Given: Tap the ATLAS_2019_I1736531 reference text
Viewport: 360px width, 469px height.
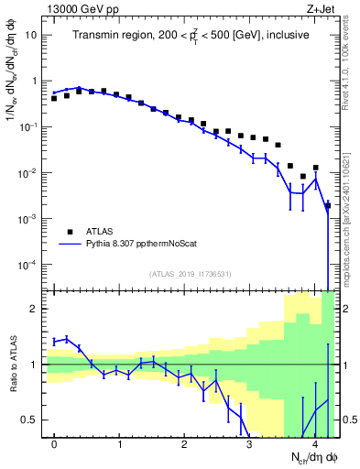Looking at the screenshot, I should [x=190, y=274].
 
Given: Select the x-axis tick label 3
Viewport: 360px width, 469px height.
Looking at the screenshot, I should [x=249, y=446].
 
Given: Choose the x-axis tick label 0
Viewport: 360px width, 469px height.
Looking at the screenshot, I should [x=54, y=446].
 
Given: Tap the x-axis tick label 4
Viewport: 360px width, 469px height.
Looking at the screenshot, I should [x=314, y=446].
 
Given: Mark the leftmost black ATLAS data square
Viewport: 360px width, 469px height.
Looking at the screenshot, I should [x=54, y=97].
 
